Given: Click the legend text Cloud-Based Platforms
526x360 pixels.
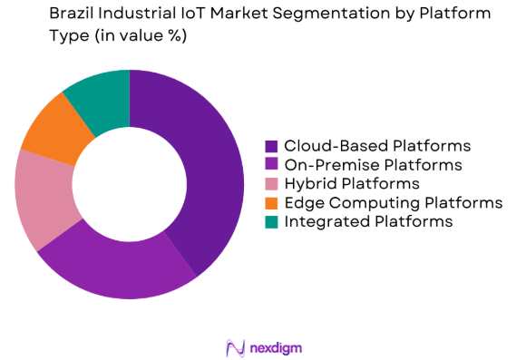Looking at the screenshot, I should pos(377,146).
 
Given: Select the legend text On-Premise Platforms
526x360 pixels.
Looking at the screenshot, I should pos(373,165).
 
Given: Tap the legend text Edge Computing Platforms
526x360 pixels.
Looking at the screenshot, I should pos(393,202).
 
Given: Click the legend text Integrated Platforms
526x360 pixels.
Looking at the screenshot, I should pos(368,221).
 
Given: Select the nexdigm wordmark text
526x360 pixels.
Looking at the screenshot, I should pos(278,346).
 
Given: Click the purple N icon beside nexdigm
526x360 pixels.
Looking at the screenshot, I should pos(235,346).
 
